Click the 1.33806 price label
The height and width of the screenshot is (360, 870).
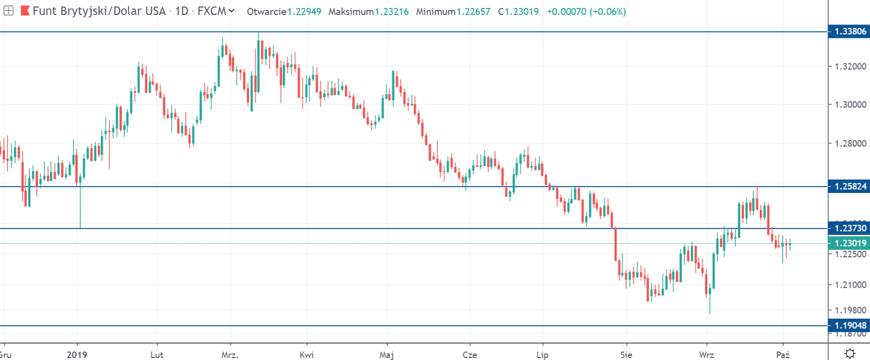[x=850, y=31]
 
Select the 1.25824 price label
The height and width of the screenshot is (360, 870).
[x=850, y=186]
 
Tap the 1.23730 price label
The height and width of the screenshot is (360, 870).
[x=850, y=228]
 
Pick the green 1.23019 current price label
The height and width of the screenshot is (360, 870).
[x=850, y=243]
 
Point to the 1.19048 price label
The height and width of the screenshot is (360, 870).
[x=850, y=326]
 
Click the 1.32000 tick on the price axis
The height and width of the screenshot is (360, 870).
[x=850, y=66]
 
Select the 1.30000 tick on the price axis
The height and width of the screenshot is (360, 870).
[x=850, y=105]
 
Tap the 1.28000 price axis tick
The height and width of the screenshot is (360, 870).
[x=850, y=144]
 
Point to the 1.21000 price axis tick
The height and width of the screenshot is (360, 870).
[x=850, y=285]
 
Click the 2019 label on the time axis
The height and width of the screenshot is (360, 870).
[x=77, y=355]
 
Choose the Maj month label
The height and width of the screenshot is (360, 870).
[x=387, y=355]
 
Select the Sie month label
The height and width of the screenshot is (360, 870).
[x=626, y=355]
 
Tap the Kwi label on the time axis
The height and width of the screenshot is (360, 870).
[x=306, y=355]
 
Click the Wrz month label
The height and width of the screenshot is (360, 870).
[x=706, y=355]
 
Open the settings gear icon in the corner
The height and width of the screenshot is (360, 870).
[x=850, y=354]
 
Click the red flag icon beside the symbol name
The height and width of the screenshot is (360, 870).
[x=25, y=10]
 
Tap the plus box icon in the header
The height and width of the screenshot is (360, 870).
[x=8, y=10]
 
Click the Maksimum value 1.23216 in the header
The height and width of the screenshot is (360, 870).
[x=392, y=11]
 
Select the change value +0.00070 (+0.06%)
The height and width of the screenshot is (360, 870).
[x=586, y=11]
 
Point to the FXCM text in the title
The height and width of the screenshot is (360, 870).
[x=212, y=11]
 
